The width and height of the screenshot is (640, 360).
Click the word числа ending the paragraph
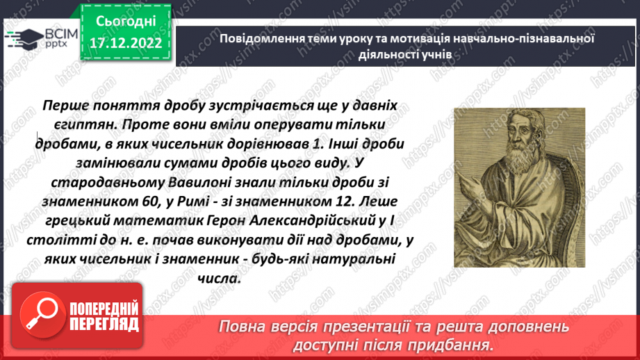pos(223,278)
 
